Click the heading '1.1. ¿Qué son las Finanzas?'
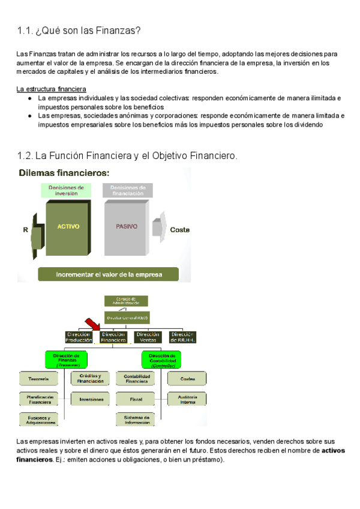click(x=79, y=31)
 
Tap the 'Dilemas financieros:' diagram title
click(x=64, y=173)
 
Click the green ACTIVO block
click(x=68, y=227)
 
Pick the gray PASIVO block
click(x=126, y=227)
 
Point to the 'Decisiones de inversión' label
click(x=66, y=190)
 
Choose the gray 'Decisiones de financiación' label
click(x=127, y=190)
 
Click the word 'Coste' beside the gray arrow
click(x=180, y=229)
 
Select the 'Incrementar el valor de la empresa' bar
click(x=109, y=274)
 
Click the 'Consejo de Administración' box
click(x=126, y=301)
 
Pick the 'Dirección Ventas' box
click(x=148, y=337)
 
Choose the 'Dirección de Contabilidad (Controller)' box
click(x=161, y=359)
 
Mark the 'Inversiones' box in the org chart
click(x=90, y=399)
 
